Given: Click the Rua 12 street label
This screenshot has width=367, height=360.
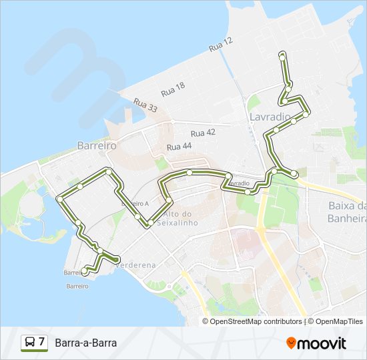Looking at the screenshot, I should pyautogui.click(x=221, y=45).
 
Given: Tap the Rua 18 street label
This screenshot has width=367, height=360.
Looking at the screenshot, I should pyautogui.click(x=172, y=87).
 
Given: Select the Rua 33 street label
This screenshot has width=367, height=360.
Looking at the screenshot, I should pyautogui.click(x=145, y=105).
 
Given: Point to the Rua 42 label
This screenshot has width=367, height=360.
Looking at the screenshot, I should pyautogui.click(x=203, y=133).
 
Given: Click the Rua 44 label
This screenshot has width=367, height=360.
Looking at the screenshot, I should pyautogui.click(x=179, y=146).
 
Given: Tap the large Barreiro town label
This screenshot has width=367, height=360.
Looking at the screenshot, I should pyautogui.click(x=97, y=145).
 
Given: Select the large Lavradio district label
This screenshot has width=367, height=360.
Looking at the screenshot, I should pyautogui.click(x=270, y=116).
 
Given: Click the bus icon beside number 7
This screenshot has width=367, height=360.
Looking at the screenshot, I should pyautogui.click(x=30, y=343).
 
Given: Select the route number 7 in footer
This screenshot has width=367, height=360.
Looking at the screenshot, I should pyautogui.click(x=42, y=343).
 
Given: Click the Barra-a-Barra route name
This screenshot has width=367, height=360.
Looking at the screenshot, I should pyautogui.click(x=86, y=343).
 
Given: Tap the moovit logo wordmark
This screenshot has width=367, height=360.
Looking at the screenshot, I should pyautogui.click(x=322, y=343).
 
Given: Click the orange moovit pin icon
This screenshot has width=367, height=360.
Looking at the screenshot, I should pyautogui.click(x=291, y=343).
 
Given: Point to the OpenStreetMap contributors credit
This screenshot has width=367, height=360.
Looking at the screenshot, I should pyautogui.click(x=256, y=321).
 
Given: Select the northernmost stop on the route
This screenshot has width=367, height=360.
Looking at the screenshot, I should pyautogui.click(x=282, y=57).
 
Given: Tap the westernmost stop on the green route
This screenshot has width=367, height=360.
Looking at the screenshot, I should pyautogui.click(x=60, y=198).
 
